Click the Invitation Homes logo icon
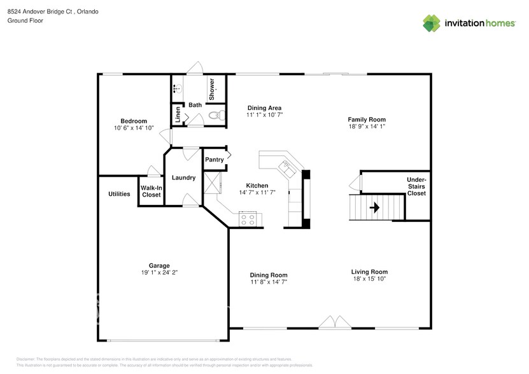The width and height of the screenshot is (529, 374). [432, 23]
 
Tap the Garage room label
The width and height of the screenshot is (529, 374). [159, 266]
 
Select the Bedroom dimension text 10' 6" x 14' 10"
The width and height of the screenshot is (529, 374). [134, 128]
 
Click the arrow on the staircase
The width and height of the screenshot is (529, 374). [375, 207]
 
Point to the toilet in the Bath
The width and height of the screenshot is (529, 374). [216, 116]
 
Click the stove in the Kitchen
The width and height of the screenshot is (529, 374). [249, 220]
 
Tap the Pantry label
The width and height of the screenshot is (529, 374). [215, 160]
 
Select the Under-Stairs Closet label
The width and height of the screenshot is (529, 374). [416, 186]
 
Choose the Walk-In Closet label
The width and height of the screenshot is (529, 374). [151, 191]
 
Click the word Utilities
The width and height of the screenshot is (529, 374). [119, 194]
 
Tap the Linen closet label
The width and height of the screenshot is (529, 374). [178, 114]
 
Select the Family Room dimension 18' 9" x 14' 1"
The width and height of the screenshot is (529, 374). [366, 126]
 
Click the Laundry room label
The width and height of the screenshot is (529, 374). [183, 177]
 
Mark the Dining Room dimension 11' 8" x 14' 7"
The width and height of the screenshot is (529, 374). [268, 282]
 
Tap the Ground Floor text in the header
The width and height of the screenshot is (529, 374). [24, 21]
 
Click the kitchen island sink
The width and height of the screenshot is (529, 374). [286, 167]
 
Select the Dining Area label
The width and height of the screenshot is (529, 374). [264, 107]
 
